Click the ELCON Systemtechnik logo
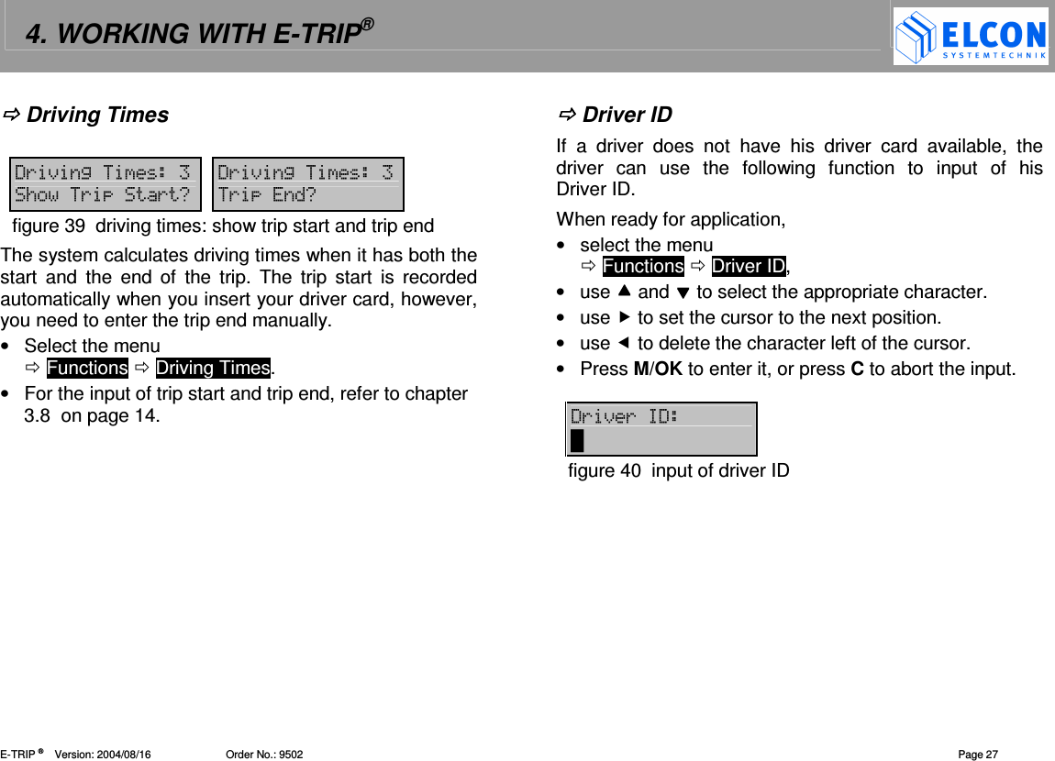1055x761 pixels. pyautogui.click(x=971, y=37)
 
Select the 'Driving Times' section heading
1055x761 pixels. pyautogui.click(x=97, y=115)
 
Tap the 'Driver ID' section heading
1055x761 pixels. pyautogui.click(x=627, y=115)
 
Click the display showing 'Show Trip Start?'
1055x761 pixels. pyautogui.click(x=104, y=183)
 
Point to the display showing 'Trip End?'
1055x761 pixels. pyautogui.click(x=307, y=183)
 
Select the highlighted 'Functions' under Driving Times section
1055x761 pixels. pyautogui.click(x=87, y=368)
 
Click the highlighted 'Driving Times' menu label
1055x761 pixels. pyautogui.click(x=213, y=368)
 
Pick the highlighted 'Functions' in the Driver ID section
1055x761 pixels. pyautogui.click(x=643, y=267)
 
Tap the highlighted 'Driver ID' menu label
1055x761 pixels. pyautogui.click(x=749, y=267)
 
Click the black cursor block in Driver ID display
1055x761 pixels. pyautogui.click(x=577, y=442)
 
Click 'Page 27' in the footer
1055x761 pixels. pyautogui.click(x=978, y=755)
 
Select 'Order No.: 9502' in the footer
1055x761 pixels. pyautogui.click(x=264, y=755)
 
